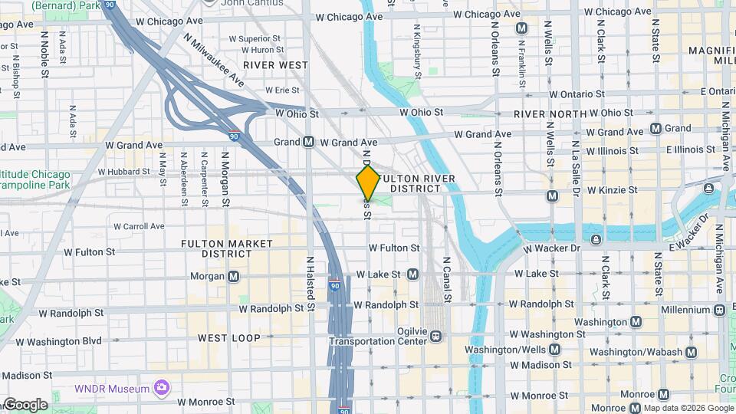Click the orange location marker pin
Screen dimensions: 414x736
click(368, 183)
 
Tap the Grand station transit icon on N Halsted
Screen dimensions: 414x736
click(308, 142)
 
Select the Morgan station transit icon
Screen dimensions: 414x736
click(233, 276)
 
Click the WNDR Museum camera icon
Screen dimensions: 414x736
click(160, 387)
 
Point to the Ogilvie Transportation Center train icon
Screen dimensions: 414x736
click(435, 335)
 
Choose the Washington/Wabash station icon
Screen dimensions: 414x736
click(692, 352)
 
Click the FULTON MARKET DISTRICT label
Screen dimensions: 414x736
click(227, 248)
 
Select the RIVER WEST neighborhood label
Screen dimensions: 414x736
click(277, 66)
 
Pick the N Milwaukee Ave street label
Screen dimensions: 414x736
click(214, 61)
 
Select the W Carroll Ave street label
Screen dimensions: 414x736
click(139, 226)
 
